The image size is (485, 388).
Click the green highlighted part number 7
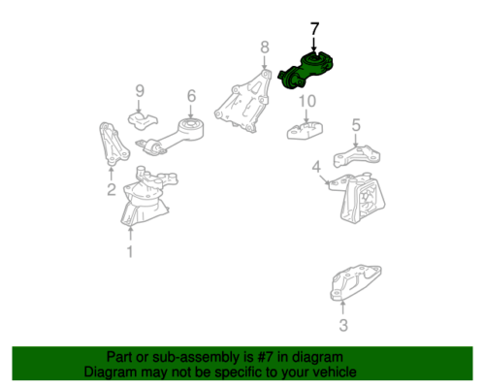(306, 71)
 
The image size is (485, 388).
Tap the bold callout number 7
(314, 29)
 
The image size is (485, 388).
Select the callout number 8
(265, 48)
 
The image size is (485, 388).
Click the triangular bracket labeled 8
(243, 101)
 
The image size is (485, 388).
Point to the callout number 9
(140, 91)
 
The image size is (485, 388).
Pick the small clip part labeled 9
(143, 120)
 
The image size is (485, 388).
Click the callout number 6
(191, 96)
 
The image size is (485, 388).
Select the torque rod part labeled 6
(171, 137)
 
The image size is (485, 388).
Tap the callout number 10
(307, 101)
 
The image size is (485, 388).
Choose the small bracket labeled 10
(305, 130)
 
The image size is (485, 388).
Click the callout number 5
(356, 125)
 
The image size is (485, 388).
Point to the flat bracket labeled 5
(357, 156)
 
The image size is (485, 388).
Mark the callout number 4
(316, 167)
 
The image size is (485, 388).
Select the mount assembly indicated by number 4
(359, 197)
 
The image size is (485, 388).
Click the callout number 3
(343, 325)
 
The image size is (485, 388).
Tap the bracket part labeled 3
(355, 282)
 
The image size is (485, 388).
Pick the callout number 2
(112, 189)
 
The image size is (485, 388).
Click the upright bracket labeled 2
(113, 144)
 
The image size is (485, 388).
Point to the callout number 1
(130, 251)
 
